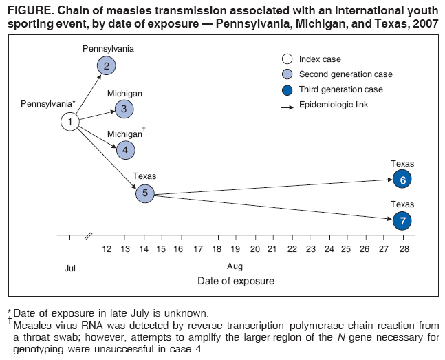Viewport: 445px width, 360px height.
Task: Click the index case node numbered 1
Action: tap(69, 122)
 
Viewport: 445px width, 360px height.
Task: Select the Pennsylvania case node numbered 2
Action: tap(106, 65)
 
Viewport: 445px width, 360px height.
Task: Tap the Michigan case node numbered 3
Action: tap(124, 108)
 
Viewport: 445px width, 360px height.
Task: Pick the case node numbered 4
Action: tap(126, 149)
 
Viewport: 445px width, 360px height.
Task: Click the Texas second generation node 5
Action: tap(144, 193)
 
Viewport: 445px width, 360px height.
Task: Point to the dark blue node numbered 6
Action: tap(402, 180)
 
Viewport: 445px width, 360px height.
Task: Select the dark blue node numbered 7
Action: tap(402, 221)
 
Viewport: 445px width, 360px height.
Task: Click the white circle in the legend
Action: tap(287, 59)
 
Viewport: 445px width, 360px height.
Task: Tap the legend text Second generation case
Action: tap(345, 74)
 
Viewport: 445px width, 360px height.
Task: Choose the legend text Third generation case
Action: tap(341, 89)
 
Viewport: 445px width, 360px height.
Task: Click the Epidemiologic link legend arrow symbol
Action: tap(287, 105)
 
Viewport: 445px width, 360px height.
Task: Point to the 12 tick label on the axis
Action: tap(107, 248)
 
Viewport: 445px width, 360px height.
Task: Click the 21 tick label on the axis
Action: tap(272, 248)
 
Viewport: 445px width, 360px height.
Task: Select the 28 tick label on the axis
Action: tap(404, 248)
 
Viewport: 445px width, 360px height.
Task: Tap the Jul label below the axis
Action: tap(69, 267)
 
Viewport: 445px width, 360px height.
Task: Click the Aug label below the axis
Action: tap(235, 267)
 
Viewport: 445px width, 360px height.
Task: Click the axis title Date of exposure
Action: tap(235, 281)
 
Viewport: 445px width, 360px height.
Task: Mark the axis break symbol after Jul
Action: tap(88, 236)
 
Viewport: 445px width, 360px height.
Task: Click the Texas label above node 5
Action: tap(144, 176)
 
